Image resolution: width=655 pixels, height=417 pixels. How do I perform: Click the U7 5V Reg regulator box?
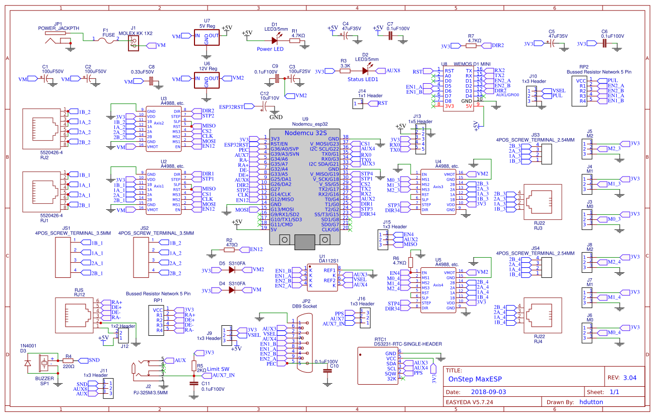click(x=207, y=37)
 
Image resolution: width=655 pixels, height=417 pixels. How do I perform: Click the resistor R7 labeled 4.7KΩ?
click(x=471, y=45)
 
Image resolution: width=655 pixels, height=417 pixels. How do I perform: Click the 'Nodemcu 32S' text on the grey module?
click(x=306, y=132)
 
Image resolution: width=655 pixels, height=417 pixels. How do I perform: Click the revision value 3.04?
click(x=629, y=377)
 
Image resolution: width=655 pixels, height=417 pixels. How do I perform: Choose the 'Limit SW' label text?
click(x=218, y=369)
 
